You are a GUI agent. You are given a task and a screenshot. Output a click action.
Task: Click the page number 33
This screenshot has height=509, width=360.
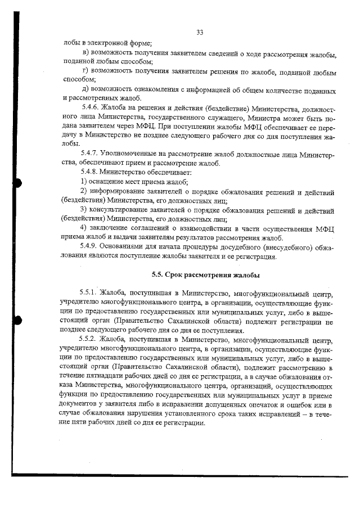click(200, 31)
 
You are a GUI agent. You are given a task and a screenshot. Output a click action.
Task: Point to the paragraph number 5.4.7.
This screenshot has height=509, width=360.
click(91, 153)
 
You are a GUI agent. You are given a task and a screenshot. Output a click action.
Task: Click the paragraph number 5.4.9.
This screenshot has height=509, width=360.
click(91, 247)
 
